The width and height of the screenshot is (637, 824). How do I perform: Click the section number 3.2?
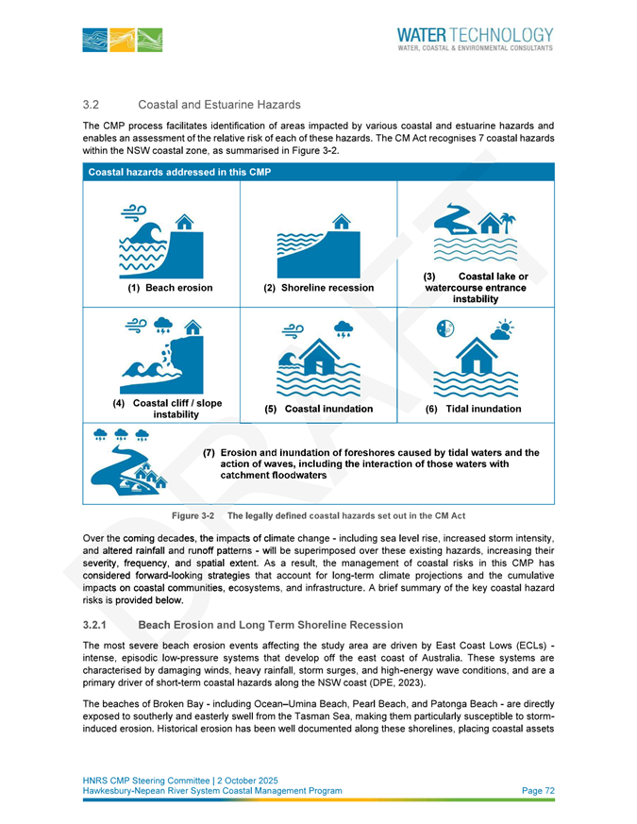tap(92, 104)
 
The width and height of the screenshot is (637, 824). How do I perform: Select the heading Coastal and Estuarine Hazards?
tap(219, 104)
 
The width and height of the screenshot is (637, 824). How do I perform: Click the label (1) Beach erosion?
tap(170, 288)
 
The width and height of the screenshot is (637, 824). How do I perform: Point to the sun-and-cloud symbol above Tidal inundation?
tap(504, 329)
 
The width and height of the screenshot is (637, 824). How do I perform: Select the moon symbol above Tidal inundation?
tap(446, 328)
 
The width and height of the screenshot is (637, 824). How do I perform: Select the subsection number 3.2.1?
tap(97, 625)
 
